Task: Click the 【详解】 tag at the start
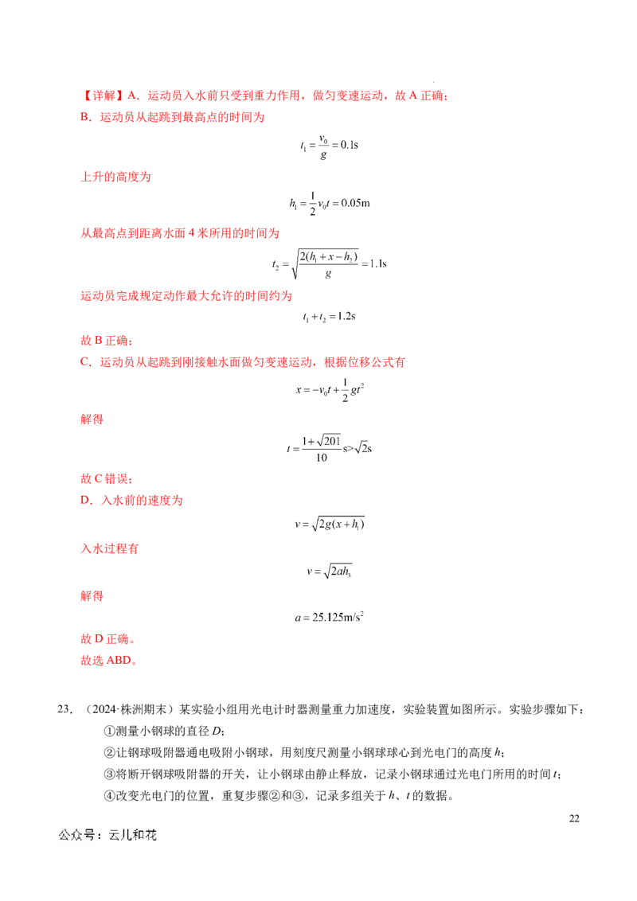click(x=100, y=96)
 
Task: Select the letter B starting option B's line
click(x=81, y=117)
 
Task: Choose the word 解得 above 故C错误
click(x=92, y=419)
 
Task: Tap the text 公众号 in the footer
click(x=75, y=835)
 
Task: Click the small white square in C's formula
click(x=341, y=386)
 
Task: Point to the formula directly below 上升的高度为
click(x=331, y=205)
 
